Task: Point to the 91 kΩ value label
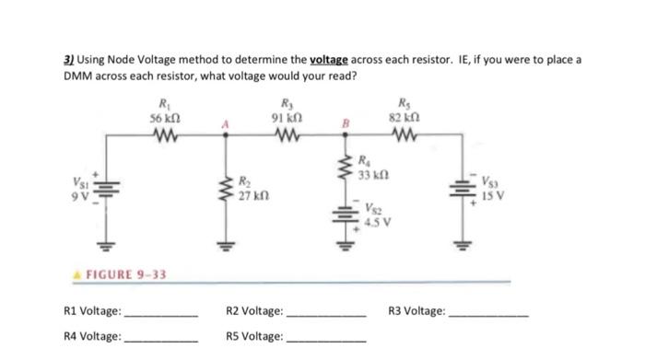coord(287,117)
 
